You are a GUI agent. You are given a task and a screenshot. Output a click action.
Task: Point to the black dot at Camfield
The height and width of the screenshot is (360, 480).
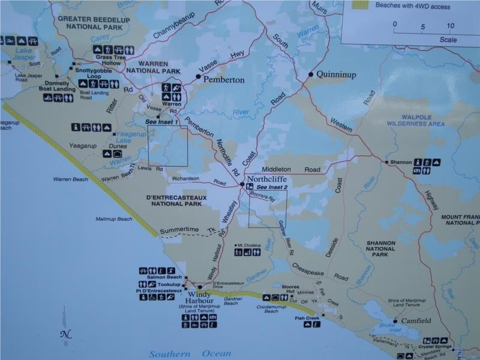(395, 320)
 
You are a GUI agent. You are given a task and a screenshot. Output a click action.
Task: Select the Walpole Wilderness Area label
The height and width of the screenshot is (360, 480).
(415, 119)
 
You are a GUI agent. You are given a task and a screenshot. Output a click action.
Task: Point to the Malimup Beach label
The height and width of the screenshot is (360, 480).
(113, 219)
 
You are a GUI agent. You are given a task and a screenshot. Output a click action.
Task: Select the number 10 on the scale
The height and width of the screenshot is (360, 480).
(450, 26)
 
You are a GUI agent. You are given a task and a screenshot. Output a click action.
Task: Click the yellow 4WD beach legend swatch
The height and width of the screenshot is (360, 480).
(359, 5)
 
